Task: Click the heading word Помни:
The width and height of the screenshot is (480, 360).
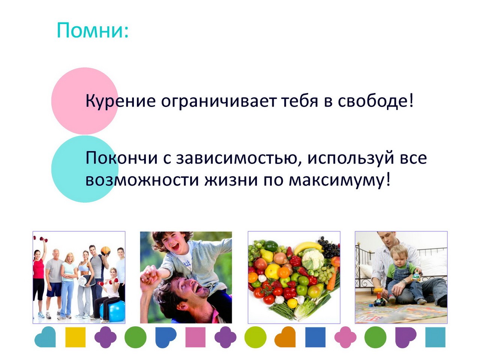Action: coord(92,30)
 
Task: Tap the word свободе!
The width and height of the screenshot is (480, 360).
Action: coord(375,101)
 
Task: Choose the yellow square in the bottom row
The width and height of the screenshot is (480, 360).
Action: coord(75,337)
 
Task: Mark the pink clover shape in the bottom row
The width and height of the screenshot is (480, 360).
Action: coord(345,337)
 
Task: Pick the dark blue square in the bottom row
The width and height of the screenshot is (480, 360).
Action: coord(315,337)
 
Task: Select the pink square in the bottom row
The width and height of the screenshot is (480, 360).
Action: coord(195,337)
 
